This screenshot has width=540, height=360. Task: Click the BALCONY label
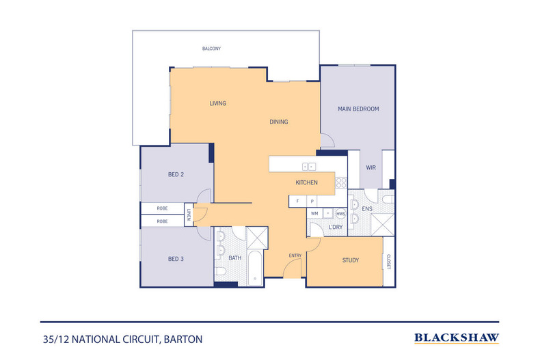(x=211, y=49)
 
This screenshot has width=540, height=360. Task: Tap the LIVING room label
(x=218, y=103)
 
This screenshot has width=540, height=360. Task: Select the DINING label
(x=279, y=122)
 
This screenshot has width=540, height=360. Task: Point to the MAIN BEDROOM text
(x=358, y=109)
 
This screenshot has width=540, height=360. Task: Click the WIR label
(x=371, y=167)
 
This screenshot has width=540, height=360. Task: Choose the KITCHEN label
(x=306, y=182)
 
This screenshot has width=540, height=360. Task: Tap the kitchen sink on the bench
(x=309, y=167)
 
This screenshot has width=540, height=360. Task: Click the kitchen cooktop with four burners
(x=341, y=183)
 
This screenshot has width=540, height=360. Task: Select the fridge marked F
(x=297, y=201)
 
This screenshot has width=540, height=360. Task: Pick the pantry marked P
(x=312, y=202)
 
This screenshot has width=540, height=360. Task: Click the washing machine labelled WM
(x=314, y=213)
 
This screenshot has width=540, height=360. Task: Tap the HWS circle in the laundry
(x=341, y=214)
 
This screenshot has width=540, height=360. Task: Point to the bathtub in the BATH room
(x=255, y=268)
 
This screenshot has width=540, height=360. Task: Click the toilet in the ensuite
(x=388, y=199)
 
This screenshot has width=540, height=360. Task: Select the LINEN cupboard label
(x=189, y=214)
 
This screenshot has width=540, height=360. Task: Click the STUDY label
(x=351, y=260)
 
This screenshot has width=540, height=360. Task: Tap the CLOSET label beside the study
(x=388, y=262)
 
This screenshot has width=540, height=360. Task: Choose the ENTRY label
(x=295, y=255)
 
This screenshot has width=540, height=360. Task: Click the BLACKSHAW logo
(x=457, y=338)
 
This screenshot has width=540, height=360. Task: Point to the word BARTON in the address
(x=183, y=340)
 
